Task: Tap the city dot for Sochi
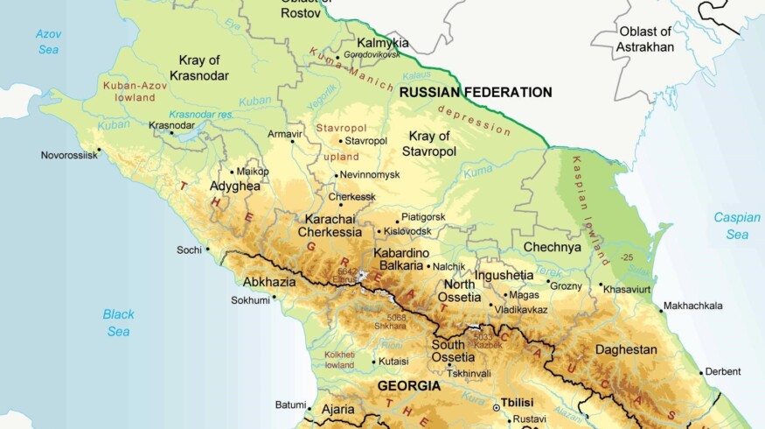coord(207,249)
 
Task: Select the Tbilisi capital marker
coord(497,407)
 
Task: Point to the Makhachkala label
coord(693,306)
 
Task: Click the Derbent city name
coord(722,371)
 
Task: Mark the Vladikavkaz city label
coord(521,309)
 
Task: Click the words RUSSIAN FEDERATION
coord(476,92)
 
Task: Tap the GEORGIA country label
coord(408,385)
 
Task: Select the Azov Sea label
coord(48,42)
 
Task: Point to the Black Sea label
coord(118,322)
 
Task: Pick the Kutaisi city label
coord(395,361)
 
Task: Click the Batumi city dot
coord(309,406)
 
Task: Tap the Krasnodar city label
coord(171,125)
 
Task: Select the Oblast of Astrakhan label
coord(646,39)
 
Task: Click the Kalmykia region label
coord(383,42)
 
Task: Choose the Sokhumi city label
coord(250,299)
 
